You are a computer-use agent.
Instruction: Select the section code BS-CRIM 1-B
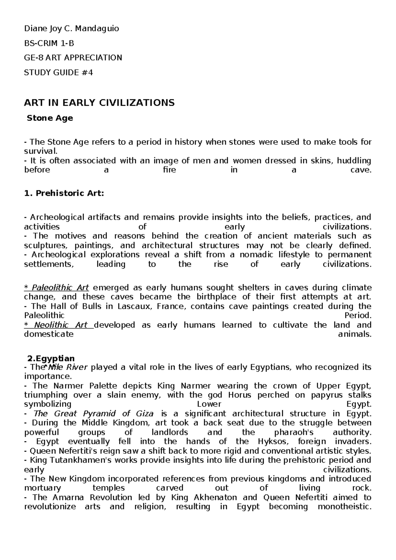[49, 43]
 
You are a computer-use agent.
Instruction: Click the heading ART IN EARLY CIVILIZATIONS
[99, 103]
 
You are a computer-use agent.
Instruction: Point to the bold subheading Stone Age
[50, 118]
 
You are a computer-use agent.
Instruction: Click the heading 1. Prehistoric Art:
[64, 193]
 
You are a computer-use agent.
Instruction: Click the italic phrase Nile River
[68, 367]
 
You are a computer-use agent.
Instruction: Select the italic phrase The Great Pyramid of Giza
[93, 414]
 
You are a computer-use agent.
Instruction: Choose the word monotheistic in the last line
[344, 507]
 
